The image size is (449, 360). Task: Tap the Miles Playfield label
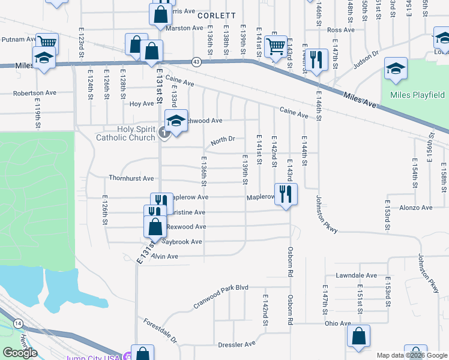(x=417, y=95)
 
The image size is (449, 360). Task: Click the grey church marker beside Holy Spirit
(x=164, y=133)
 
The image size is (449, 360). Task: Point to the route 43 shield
(x=196, y=62)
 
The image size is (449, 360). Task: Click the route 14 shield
(x=19, y=323)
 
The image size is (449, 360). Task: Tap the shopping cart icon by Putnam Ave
(x=47, y=43)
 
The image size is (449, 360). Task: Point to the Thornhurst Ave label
(x=131, y=178)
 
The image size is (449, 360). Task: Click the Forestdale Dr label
(x=160, y=331)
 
